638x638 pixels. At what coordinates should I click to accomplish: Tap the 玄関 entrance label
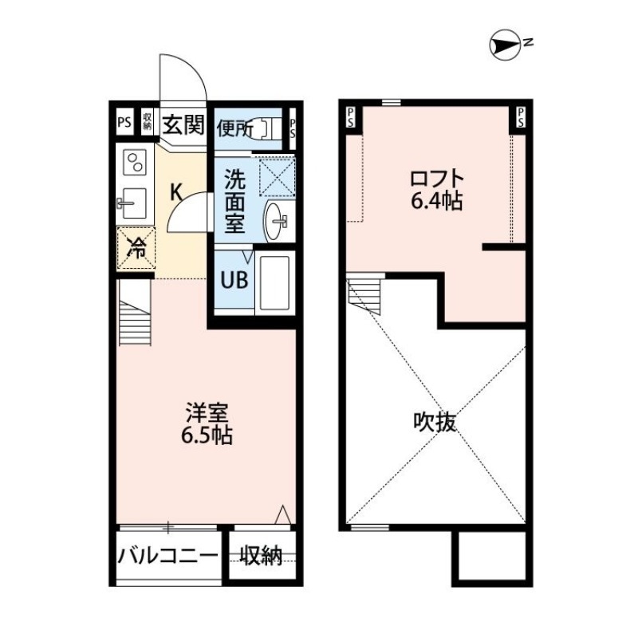(183, 124)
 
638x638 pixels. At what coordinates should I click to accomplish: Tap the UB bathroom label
(233, 282)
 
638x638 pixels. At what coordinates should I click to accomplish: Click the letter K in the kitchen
(178, 191)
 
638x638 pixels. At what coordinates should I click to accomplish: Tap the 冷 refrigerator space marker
(136, 249)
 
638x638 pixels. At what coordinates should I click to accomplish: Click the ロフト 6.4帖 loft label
(436, 189)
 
